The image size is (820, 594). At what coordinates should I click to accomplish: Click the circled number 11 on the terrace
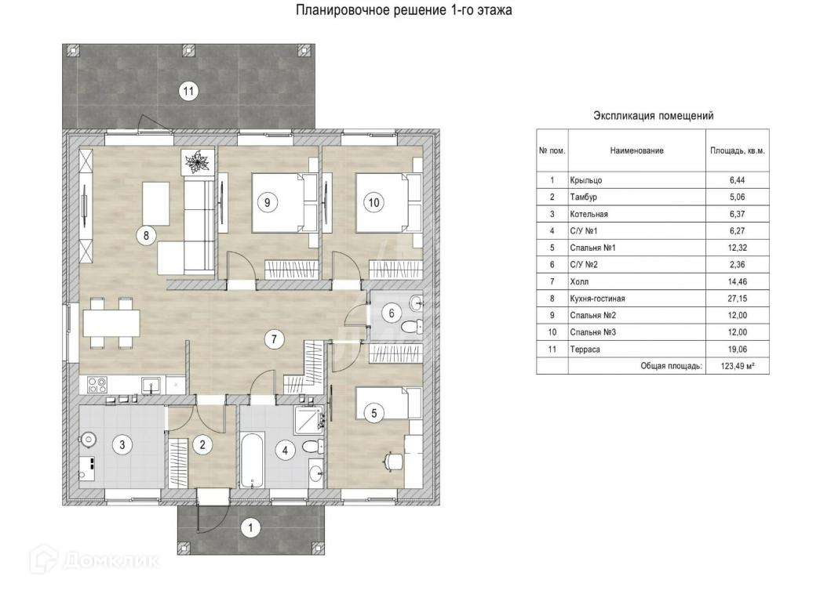tap(188, 92)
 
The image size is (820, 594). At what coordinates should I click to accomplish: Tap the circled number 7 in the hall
tap(274, 339)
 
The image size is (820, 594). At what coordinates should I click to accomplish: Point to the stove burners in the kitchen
tap(97, 385)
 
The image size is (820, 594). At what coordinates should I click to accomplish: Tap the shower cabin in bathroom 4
tap(309, 419)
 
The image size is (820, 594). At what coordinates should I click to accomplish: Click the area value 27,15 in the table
tap(738, 299)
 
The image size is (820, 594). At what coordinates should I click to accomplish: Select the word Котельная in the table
tap(589, 214)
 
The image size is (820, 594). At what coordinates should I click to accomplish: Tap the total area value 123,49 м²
tap(738, 366)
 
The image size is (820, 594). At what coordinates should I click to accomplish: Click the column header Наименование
tap(636, 150)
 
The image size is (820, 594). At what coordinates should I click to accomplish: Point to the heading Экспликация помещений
tap(653, 115)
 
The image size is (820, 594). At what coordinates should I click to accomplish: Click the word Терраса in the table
tap(585, 350)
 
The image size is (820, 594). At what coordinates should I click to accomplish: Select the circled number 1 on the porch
tap(250, 528)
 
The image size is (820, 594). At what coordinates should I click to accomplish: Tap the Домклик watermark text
tap(111, 561)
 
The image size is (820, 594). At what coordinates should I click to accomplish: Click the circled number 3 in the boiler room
tap(122, 445)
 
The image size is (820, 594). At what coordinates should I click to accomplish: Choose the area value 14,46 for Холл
tap(738, 282)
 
